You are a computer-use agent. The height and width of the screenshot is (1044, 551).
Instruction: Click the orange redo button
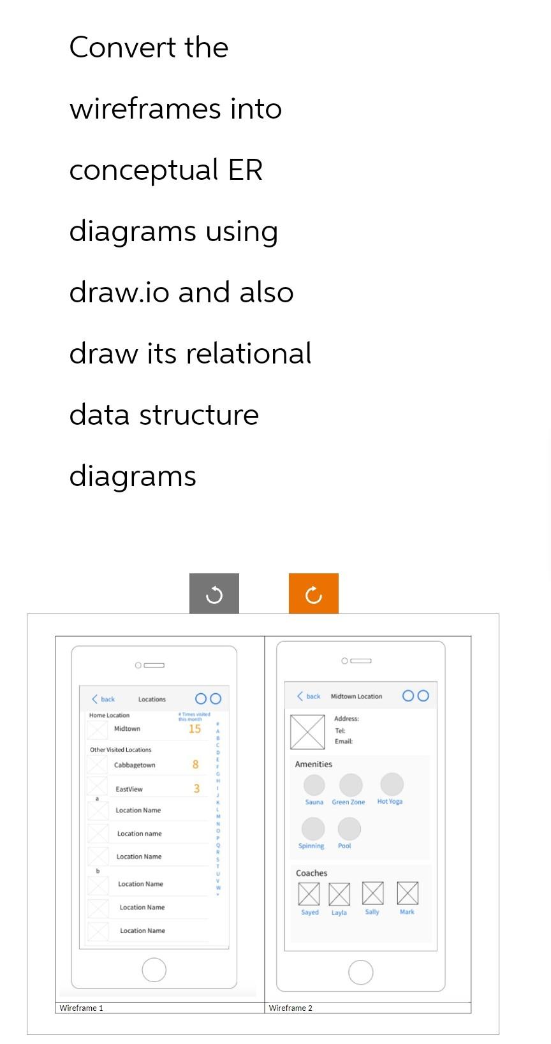(313, 595)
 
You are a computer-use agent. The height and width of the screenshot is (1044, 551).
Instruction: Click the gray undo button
(214, 595)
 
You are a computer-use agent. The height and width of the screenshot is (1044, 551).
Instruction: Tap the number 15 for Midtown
(195, 729)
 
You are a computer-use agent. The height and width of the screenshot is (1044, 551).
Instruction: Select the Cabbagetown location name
(135, 765)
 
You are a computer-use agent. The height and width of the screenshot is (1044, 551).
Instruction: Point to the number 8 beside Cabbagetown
(195, 765)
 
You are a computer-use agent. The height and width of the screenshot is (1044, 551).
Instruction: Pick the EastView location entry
(129, 790)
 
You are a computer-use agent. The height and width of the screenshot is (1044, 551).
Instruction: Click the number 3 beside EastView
(196, 789)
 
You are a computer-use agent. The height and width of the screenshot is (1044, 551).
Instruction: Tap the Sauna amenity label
(314, 802)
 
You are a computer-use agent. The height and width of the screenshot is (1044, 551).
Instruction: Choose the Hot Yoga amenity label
(390, 802)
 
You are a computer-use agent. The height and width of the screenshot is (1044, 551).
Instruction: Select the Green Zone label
(348, 802)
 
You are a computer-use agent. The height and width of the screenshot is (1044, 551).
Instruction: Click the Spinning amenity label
(311, 846)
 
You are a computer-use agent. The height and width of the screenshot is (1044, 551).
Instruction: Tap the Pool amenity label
(344, 846)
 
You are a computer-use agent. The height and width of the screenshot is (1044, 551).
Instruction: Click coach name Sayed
(310, 913)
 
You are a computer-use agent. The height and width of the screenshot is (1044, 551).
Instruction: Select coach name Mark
(407, 912)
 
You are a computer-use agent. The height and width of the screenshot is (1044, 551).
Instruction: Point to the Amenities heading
(313, 764)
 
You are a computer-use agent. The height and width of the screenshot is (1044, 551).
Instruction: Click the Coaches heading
(311, 873)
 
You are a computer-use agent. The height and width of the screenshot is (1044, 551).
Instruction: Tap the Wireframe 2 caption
(291, 1008)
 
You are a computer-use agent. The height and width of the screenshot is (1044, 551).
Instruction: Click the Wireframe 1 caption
(81, 1008)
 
